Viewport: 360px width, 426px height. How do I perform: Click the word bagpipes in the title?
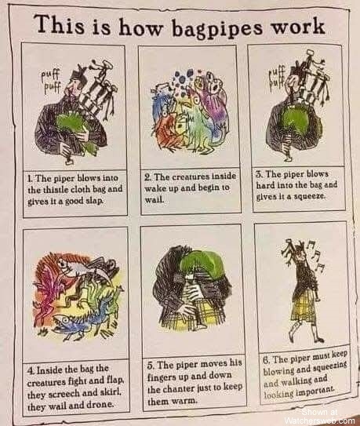click(217, 29)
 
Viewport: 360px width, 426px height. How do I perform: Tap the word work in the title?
click(298, 27)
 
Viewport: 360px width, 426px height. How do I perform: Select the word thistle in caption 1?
click(53, 189)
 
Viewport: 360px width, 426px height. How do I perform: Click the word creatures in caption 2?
click(191, 177)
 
